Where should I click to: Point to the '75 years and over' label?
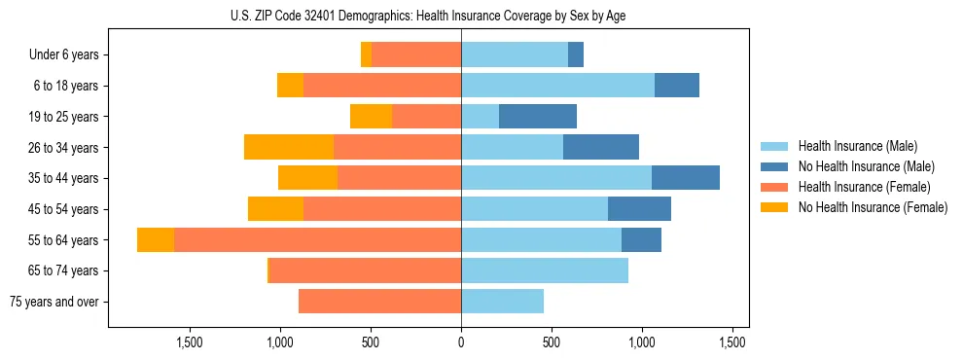pos(54,302)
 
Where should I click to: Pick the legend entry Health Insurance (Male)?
pos(856,146)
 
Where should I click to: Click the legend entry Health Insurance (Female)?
pos(864,187)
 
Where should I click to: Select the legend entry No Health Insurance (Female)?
pos(873,207)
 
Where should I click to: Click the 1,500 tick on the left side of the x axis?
pos(189,342)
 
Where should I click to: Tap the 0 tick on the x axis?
pos(461,342)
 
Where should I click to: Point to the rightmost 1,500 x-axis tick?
pos(732,342)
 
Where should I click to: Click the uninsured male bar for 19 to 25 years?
pos(538,117)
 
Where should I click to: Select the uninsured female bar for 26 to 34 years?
pos(289,147)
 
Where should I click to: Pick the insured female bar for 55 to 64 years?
pos(317,239)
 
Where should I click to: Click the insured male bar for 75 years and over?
pos(502,302)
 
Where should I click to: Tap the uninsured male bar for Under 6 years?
pos(576,54)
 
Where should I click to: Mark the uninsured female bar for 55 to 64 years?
pos(156,239)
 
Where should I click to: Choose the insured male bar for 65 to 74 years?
pos(545,270)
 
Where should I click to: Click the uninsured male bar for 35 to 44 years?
pos(686,178)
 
